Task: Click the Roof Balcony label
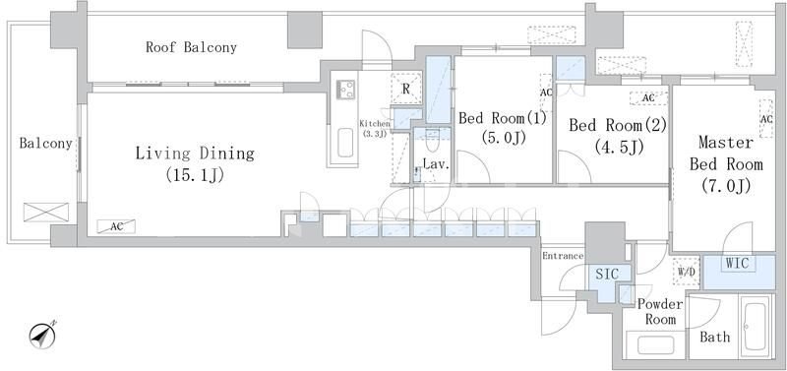(x=191, y=47)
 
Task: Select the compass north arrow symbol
(x=42, y=336)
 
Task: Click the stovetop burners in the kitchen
(x=346, y=90)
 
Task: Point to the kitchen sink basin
(x=345, y=143)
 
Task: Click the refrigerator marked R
(x=405, y=89)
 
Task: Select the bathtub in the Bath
(x=754, y=326)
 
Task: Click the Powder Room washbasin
(x=656, y=344)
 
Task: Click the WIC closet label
(x=737, y=263)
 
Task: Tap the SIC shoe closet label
(x=607, y=275)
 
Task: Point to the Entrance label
(x=563, y=256)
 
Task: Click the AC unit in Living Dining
(x=116, y=227)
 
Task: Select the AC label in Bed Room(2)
(x=648, y=98)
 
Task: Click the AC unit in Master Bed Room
(x=766, y=118)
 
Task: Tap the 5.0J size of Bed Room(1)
(x=504, y=137)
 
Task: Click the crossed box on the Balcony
(x=46, y=212)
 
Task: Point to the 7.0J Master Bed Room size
(x=726, y=186)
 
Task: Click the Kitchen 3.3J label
(x=375, y=128)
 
